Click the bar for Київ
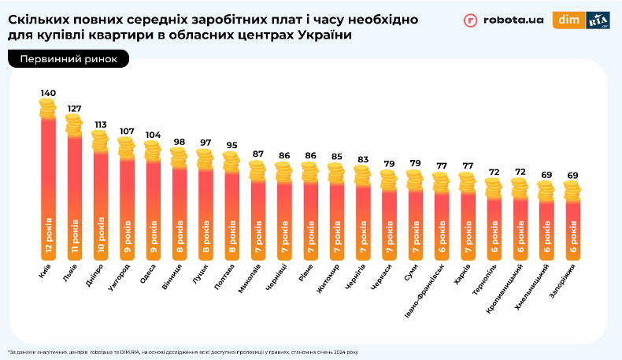point(48,189)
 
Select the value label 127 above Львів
point(74,109)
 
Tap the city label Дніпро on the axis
point(94,280)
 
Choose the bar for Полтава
point(231,213)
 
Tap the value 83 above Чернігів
point(362,160)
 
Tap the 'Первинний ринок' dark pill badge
point(68,59)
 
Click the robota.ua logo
point(504,21)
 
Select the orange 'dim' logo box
point(568,20)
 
